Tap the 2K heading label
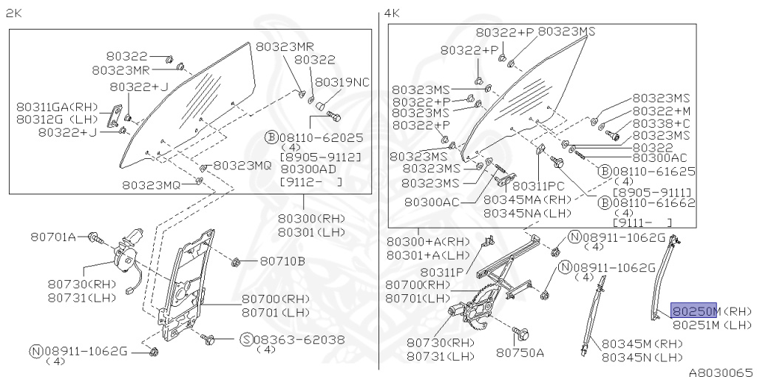(x=13, y=13)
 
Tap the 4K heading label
(x=391, y=13)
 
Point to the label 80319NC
(x=342, y=81)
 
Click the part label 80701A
(x=53, y=237)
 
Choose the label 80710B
(x=282, y=260)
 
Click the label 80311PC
(x=538, y=186)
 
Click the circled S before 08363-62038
(x=246, y=339)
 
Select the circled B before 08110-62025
(x=271, y=137)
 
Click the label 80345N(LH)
(x=642, y=357)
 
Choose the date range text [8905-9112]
(x=320, y=157)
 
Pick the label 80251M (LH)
(x=712, y=324)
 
